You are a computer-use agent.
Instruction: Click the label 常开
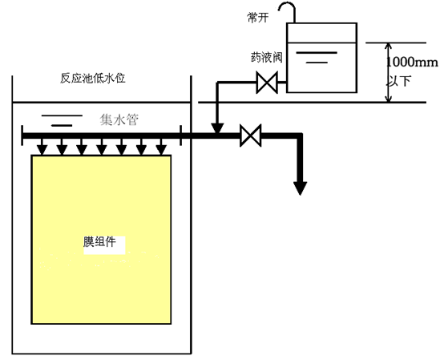click(x=258, y=18)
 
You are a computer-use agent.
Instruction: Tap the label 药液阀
click(x=266, y=58)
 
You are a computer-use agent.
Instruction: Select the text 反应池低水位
click(x=93, y=79)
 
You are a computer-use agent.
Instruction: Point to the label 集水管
click(x=119, y=119)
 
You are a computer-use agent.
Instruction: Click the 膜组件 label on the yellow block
click(x=99, y=242)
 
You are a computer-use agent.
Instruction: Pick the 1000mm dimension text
click(x=412, y=62)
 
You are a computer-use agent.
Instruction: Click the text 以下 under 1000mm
click(x=398, y=81)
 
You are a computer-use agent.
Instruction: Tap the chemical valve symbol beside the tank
click(x=267, y=83)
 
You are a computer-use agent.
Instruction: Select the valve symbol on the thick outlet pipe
click(x=251, y=136)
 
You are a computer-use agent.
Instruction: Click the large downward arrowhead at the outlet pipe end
click(x=301, y=188)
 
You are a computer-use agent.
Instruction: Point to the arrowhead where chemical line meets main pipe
click(x=217, y=128)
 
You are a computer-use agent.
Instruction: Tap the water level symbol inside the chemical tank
click(x=317, y=57)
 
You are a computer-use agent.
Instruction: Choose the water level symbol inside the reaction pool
click(x=62, y=120)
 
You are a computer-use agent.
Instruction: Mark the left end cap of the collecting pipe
click(x=22, y=136)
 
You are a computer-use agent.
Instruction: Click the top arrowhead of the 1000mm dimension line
click(x=389, y=47)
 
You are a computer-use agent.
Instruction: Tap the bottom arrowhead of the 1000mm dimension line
click(x=389, y=99)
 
